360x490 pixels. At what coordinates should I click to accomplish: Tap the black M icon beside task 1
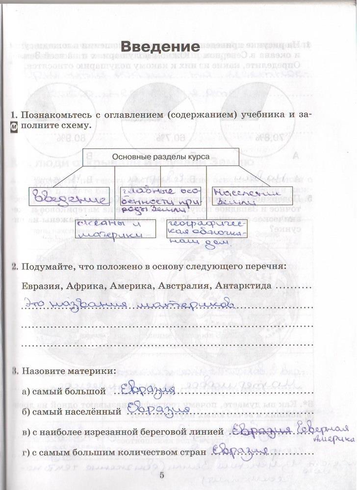point(14,129)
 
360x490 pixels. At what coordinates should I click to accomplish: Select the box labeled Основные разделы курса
point(160,156)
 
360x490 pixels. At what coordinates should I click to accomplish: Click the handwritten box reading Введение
point(68,198)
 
